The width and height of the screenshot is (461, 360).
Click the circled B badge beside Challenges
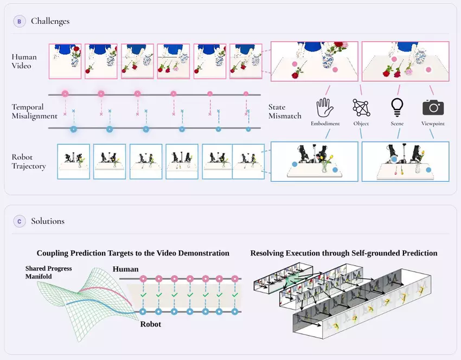20,22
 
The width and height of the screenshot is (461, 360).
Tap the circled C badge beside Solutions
20,221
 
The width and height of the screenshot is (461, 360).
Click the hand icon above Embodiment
325,107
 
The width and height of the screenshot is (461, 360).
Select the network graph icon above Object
361,107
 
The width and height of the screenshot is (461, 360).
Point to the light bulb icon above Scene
397,107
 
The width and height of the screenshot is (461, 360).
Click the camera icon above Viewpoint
433,107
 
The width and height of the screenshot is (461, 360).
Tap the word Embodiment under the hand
325,124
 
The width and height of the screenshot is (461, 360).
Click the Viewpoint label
433,124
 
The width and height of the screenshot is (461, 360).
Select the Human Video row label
24,61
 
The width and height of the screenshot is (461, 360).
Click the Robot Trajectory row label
29,162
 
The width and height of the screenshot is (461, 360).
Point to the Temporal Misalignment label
34,111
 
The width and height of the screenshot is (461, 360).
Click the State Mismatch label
285,111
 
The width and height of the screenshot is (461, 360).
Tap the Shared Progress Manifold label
48,272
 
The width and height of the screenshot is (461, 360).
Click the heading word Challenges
50,21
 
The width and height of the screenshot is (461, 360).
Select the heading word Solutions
48,221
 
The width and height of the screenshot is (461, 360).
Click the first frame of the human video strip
65,61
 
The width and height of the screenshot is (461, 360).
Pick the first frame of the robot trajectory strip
74,162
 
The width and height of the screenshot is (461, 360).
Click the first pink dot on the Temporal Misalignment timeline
65,94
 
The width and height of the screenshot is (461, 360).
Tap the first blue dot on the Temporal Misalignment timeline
74,129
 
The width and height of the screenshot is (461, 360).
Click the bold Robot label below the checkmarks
151,324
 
